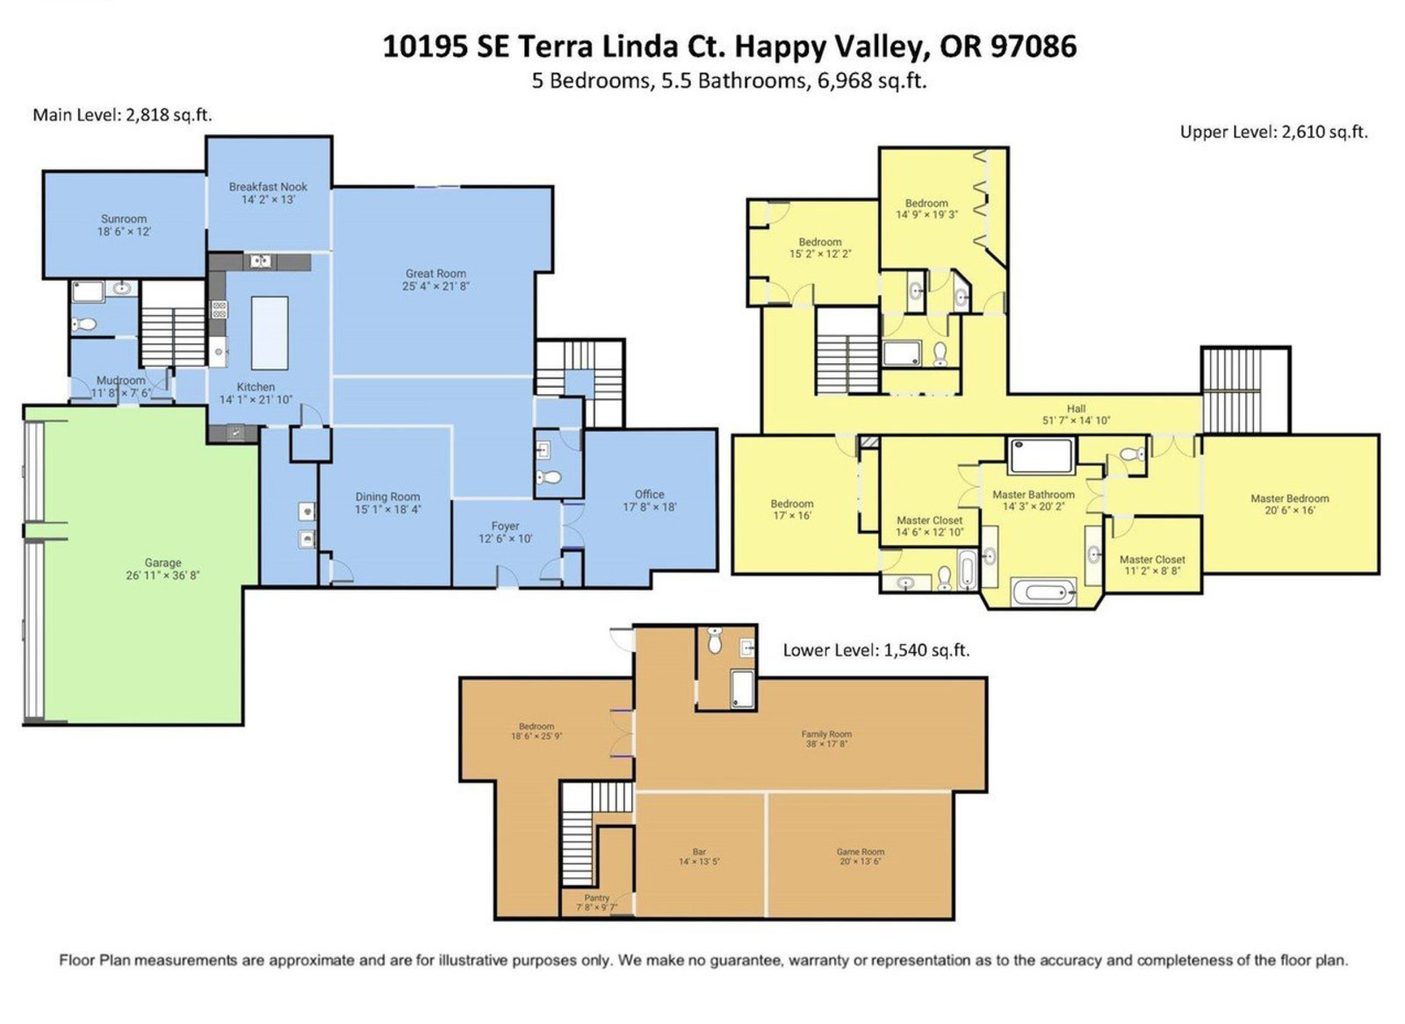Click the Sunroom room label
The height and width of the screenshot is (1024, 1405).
(x=124, y=218)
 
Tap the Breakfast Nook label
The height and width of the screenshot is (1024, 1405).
(x=268, y=187)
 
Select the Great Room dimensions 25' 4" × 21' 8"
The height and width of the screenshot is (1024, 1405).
(x=436, y=286)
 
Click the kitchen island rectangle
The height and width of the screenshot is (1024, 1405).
(x=270, y=333)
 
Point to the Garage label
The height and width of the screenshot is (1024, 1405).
(x=162, y=562)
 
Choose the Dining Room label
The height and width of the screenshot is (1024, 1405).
(x=387, y=497)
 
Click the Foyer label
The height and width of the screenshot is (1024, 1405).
(x=505, y=526)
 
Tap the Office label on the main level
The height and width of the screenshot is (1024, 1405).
(x=649, y=494)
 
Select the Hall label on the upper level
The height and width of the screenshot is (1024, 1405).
(x=1077, y=409)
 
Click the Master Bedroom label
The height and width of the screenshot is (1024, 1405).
(x=1290, y=498)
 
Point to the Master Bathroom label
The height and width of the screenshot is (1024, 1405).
(x=1033, y=495)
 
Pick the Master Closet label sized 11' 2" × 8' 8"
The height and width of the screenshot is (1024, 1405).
(x=1152, y=559)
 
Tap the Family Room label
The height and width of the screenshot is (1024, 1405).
(x=826, y=734)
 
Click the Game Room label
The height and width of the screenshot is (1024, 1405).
(x=860, y=852)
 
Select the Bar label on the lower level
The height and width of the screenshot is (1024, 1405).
(x=699, y=852)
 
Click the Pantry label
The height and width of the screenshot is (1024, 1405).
(x=596, y=898)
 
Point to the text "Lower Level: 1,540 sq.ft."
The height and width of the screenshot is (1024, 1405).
(x=876, y=650)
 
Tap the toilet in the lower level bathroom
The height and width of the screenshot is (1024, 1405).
(x=715, y=641)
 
